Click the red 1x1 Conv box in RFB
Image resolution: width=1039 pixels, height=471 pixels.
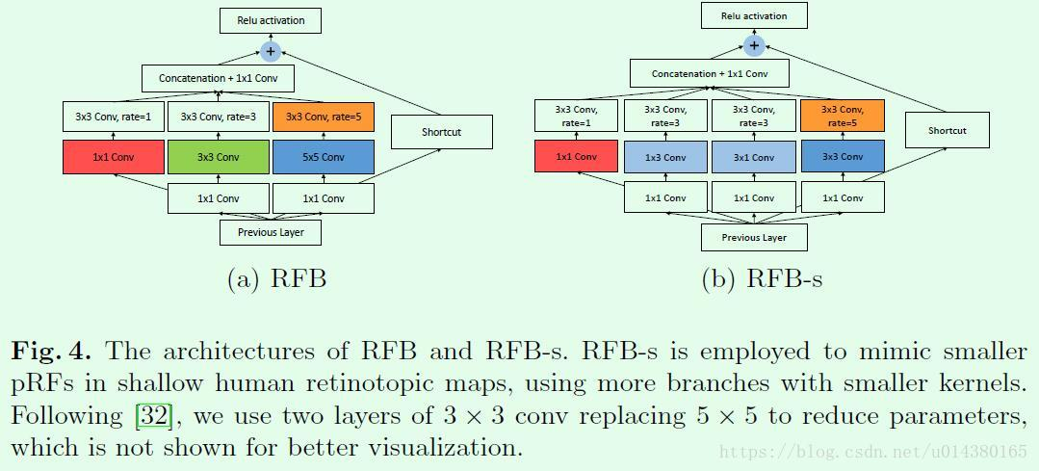[x=114, y=157]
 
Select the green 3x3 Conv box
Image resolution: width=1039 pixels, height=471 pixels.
[x=219, y=157]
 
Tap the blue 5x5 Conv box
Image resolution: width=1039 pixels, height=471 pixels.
[x=324, y=157]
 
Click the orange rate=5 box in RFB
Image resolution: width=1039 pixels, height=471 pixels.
[x=324, y=118]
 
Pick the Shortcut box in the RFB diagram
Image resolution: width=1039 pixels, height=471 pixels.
[x=441, y=132]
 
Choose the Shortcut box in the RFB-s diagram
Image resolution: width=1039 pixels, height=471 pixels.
[x=947, y=130]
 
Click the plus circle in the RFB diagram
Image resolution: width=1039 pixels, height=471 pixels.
[x=271, y=51]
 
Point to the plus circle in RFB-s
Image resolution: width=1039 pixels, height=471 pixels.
[x=754, y=45]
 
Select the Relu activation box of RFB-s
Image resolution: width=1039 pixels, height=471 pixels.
[x=754, y=15]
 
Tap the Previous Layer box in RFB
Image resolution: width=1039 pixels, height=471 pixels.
[x=271, y=232]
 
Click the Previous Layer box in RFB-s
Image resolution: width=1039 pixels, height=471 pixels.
[x=754, y=237]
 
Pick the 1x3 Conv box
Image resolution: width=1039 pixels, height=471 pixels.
[x=665, y=157]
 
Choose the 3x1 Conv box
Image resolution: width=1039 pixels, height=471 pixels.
[x=754, y=157]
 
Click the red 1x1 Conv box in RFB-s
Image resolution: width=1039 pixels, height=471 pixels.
[x=576, y=156]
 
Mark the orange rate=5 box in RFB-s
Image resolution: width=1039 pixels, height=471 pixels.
[x=843, y=116]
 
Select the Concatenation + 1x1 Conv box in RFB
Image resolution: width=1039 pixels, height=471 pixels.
[x=218, y=77]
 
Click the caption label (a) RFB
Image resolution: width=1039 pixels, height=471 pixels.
[x=276, y=279]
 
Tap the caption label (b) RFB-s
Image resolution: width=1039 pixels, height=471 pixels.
[x=762, y=279]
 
